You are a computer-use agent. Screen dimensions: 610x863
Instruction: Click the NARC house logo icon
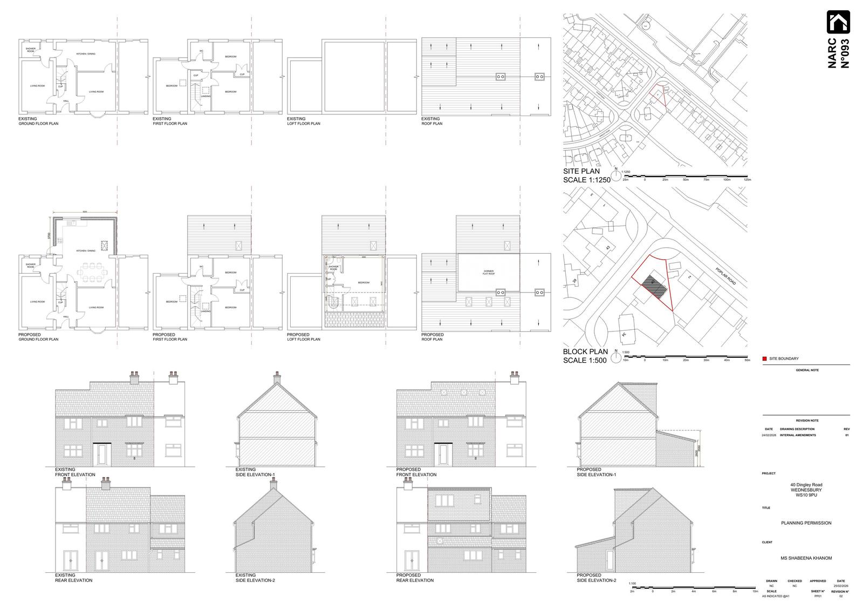coord(838,23)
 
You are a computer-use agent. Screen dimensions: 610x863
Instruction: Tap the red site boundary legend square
coord(765,358)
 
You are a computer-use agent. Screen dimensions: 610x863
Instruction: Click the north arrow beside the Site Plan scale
coord(616,175)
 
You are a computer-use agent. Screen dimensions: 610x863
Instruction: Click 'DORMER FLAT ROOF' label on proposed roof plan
coord(489,272)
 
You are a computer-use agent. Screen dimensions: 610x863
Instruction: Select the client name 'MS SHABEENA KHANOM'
coord(806,558)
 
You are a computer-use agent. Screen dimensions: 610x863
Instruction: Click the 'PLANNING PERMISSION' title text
coord(806,523)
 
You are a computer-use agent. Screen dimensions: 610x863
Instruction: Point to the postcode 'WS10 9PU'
coord(806,495)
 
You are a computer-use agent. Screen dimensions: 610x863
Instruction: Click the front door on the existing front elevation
coord(101,455)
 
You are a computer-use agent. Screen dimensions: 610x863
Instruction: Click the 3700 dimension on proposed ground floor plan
coord(49,235)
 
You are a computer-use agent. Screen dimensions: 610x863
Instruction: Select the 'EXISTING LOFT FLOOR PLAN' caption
coord(303,121)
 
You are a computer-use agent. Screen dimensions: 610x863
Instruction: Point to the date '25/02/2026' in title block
coord(841,586)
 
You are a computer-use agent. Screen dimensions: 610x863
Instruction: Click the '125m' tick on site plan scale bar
coord(747,179)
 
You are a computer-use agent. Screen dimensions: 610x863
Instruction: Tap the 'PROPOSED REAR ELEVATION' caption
coord(415,578)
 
